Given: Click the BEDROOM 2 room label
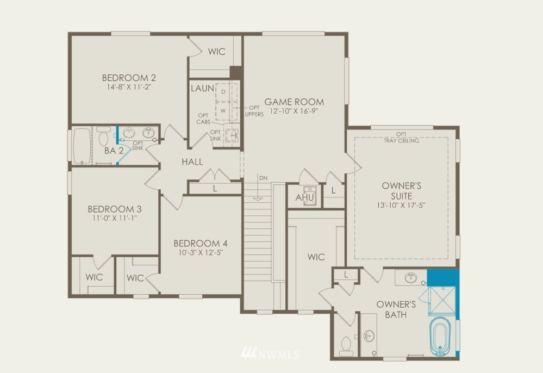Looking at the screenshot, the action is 129,78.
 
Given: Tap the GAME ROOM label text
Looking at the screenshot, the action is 294,102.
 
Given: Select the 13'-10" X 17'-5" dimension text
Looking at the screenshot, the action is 401,206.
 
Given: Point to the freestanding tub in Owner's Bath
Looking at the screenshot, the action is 440,336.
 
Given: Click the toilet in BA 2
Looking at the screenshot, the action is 103,136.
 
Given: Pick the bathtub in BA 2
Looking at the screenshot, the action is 83,146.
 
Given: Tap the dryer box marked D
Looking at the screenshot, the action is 223,92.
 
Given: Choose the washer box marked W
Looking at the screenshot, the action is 223,111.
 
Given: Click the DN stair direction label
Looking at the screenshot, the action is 263,178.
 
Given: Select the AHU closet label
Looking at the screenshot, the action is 305,198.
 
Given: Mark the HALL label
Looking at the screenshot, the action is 192,161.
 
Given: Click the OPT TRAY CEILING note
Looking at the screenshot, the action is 401,138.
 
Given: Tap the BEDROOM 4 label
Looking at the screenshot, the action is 201,244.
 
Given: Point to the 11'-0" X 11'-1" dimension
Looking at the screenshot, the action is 115,218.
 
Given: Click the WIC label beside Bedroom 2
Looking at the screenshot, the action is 217,52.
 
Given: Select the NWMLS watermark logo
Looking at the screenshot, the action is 271,353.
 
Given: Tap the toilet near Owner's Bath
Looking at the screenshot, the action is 346,346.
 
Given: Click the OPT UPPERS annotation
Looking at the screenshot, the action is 254,111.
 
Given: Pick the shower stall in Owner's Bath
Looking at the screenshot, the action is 442,301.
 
